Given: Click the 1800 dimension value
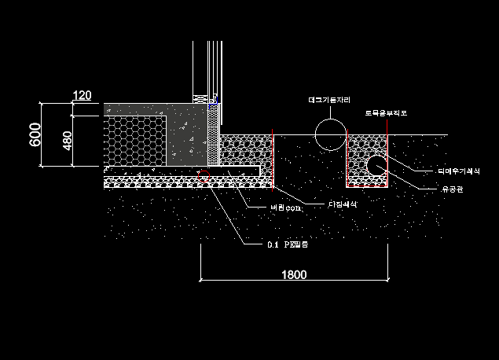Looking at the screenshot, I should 294,275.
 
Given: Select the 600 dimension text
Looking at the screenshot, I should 35,135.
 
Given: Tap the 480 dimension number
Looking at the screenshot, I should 68,140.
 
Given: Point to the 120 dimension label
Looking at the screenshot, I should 82,96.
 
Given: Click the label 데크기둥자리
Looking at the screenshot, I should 329,101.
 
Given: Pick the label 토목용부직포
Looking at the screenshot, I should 386,114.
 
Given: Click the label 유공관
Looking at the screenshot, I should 432,189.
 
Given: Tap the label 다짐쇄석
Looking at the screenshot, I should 342,204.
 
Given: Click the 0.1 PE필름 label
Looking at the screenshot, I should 288,245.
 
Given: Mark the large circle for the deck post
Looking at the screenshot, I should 329,134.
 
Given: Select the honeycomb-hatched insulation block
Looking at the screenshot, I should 135,141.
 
